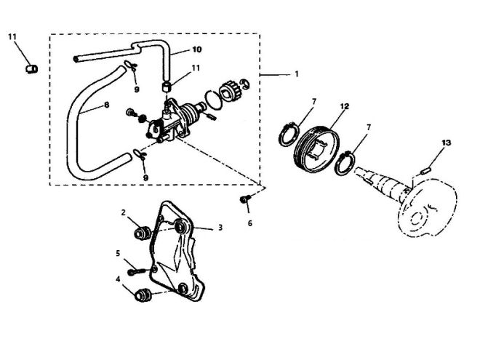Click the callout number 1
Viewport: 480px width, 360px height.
296,74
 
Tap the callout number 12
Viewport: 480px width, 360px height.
345,106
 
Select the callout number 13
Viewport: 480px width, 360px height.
447,143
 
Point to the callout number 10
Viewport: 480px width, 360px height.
197,49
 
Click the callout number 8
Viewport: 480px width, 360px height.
106,105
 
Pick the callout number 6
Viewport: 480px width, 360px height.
249,223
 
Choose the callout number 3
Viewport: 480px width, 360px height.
220,228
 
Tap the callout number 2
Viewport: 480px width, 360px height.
124,212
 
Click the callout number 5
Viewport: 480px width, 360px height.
118,254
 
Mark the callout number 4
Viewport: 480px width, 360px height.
118,279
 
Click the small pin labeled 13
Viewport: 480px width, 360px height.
425,170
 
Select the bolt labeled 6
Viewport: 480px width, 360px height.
245,199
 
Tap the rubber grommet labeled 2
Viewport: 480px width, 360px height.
142,233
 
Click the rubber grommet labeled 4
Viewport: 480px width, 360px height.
143,295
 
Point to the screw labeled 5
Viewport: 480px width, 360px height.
136,271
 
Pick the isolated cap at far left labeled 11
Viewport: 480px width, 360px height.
31,69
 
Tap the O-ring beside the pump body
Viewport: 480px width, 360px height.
213,100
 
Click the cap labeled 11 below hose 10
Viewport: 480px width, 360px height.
167,86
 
